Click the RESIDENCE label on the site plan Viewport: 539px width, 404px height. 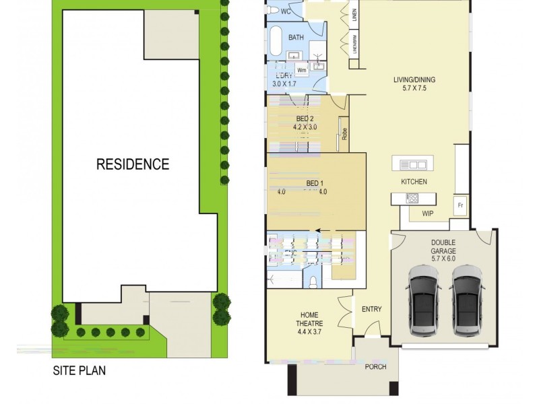[x=133, y=164]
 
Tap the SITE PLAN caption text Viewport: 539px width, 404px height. [x=80, y=370]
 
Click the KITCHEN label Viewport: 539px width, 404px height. [x=414, y=182]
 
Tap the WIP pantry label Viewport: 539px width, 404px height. [x=427, y=214]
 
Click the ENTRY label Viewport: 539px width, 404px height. [x=372, y=310]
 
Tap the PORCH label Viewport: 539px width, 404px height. [x=375, y=367]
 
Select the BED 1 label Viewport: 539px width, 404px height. [x=315, y=183]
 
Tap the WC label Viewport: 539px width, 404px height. [x=286, y=11]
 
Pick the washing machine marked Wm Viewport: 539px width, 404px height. [x=301, y=69]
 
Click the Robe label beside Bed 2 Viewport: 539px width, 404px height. [x=344, y=133]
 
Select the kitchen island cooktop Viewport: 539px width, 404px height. [x=413, y=164]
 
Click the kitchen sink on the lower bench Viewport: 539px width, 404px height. [x=412, y=198]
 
